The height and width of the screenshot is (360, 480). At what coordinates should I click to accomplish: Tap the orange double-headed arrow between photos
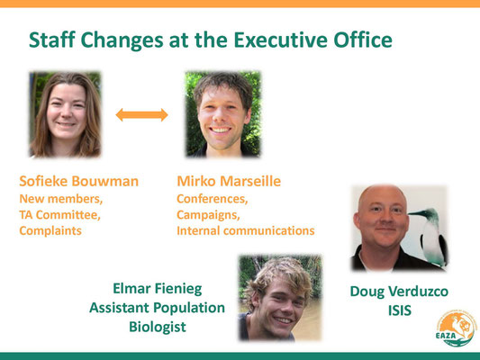click(x=141, y=115)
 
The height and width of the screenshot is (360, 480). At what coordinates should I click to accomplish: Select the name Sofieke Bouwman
click(x=79, y=181)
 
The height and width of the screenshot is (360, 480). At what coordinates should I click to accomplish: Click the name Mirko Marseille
click(x=229, y=181)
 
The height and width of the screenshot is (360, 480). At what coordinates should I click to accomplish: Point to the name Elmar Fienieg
click(x=158, y=289)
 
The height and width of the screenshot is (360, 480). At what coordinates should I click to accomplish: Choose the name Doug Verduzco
click(x=399, y=292)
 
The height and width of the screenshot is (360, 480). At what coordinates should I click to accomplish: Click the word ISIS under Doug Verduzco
click(x=400, y=310)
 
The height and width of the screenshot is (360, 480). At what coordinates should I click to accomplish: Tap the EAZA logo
click(x=456, y=328)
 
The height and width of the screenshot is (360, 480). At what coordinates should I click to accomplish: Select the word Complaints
click(x=50, y=231)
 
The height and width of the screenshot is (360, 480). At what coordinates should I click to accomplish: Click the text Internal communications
click(x=246, y=230)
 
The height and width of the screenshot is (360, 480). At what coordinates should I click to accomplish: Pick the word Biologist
click(x=158, y=327)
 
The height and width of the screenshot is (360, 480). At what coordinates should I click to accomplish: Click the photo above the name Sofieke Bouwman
click(x=65, y=114)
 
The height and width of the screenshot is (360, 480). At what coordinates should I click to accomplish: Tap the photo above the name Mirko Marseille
click(x=223, y=114)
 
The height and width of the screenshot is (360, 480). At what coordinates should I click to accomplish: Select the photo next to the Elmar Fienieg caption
click(x=280, y=298)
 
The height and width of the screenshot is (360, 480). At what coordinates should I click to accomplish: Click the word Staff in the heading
click(x=52, y=40)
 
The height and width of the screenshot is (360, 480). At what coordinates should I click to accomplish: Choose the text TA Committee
click(x=60, y=215)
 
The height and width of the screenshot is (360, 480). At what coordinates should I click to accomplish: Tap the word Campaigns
click(x=208, y=215)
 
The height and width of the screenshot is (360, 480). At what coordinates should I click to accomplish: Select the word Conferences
click(x=213, y=199)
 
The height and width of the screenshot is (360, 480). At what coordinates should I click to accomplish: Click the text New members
click(x=61, y=199)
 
